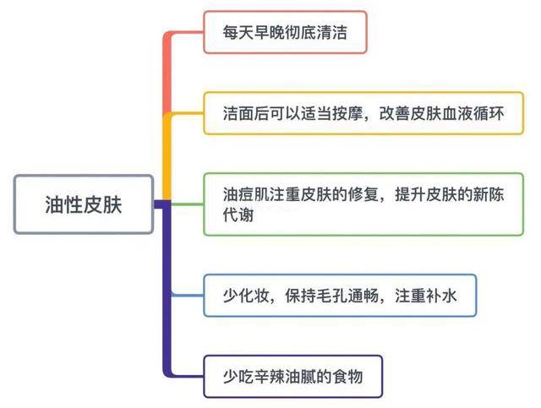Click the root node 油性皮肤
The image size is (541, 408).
point(84,204)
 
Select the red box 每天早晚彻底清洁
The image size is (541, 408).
point(285,33)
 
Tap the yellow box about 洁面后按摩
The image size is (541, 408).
point(363,113)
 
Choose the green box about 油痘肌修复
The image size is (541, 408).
point(363,204)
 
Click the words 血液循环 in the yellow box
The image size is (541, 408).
point(473,113)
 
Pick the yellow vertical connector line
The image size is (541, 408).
point(167,156)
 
